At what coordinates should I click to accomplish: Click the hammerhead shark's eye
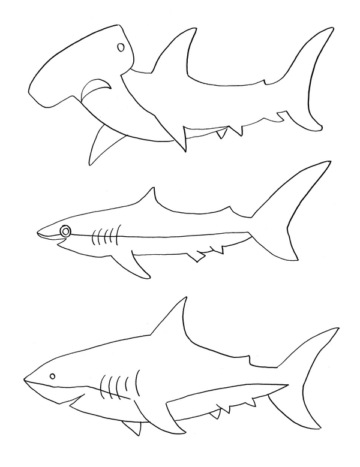pyautogui.click(x=121, y=47)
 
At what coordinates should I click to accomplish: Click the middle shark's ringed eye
pyautogui.click(x=65, y=231)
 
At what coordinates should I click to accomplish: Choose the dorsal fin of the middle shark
pyautogui.click(x=151, y=201)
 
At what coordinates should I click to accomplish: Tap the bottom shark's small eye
pyautogui.click(x=52, y=376)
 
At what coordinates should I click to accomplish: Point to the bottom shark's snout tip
pyautogui.click(x=25, y=379)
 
